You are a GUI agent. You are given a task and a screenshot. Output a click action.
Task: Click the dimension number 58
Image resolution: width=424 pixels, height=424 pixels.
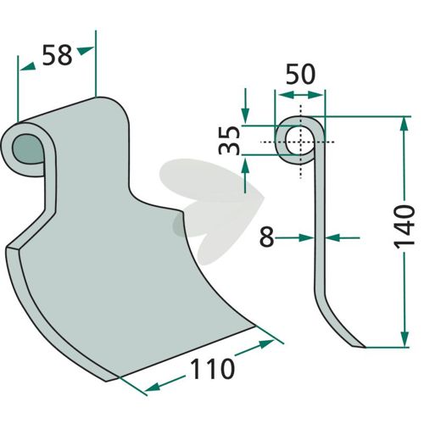tap(57, 55)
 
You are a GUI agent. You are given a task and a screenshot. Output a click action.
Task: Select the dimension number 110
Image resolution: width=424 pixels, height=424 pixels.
tap(213, 368)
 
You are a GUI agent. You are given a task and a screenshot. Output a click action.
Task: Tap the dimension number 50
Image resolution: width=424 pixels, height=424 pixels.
tap(300, 74)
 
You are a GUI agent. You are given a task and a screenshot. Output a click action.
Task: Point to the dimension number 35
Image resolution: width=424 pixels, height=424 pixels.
tap(230, 141)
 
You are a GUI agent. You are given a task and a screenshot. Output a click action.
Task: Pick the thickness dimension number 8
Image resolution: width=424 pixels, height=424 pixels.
tap(267, 237)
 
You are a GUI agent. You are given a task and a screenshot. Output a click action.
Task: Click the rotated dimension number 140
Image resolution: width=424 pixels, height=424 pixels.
tap(404, 227)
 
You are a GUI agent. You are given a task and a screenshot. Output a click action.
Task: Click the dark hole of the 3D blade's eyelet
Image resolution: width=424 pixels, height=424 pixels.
tap(28, 149)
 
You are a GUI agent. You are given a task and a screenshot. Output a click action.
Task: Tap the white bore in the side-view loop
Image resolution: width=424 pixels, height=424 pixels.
tap(299, 141)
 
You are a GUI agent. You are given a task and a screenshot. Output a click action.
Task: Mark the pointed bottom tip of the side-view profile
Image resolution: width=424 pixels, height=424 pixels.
tap(365, 347)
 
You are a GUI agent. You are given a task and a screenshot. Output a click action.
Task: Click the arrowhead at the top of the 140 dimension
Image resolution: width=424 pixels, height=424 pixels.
tap(404, 124)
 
